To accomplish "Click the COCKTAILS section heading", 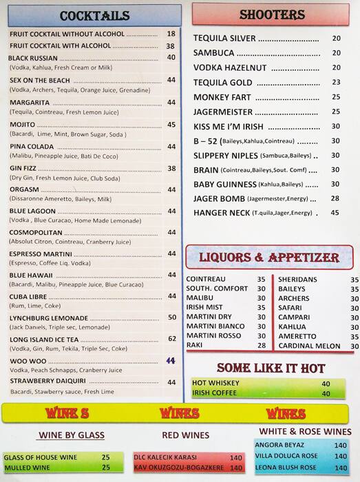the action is coord(94,16).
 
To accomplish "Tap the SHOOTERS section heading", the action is coord(272,14).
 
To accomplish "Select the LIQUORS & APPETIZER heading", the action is coord(268,258).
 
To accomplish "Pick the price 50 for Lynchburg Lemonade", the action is coord(171,317).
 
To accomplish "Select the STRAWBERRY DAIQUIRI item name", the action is coord(47,381).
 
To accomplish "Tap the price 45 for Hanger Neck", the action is coord(335,213).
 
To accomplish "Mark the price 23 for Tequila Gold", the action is coord(336,82).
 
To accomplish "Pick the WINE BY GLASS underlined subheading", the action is coord(72,434).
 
